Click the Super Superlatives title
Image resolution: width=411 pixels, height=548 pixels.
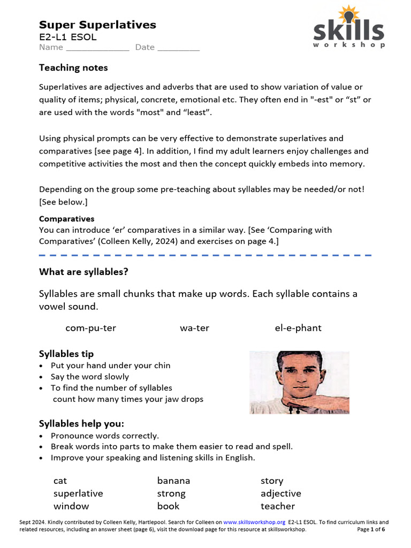(x=97, y=25)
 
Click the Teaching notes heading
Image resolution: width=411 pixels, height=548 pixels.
(x=73, y=68)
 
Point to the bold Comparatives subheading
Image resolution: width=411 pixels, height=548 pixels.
(x=66, y=219)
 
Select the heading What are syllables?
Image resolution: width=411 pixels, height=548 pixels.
(x=83, y=272)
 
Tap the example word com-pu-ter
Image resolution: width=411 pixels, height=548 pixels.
(x=90, y=328)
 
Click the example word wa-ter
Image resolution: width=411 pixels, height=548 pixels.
(x=194, y=328)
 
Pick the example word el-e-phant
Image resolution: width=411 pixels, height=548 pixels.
(x=298, y=328)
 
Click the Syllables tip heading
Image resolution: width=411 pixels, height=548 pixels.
(x=66, y=354)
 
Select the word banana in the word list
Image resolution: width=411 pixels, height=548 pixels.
(x=173, y=481)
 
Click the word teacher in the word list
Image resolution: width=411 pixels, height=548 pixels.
(x=278, y=506)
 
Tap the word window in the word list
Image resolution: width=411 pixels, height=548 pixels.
(x=71, y=506)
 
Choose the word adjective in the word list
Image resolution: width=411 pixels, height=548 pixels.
(x=280, y=493)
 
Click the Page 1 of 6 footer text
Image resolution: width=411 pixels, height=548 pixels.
(x=371, y=529)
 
